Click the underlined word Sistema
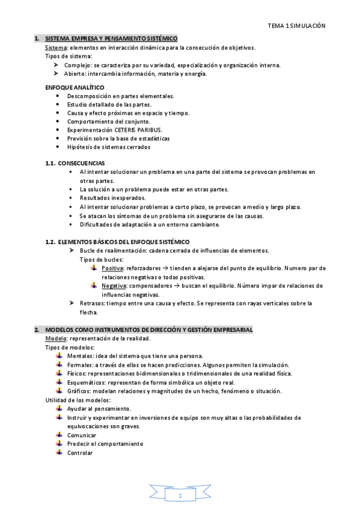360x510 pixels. (57, 47)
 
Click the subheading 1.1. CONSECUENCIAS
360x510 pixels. (75, 163)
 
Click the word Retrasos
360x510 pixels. (92, 303)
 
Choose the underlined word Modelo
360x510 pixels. (56, 339)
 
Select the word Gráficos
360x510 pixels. (80, 391)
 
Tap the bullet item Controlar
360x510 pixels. (80, 452)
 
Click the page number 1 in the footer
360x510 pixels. (179, 496)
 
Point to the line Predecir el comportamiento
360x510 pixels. (105, 444)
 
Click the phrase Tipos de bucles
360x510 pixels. (101, 259)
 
